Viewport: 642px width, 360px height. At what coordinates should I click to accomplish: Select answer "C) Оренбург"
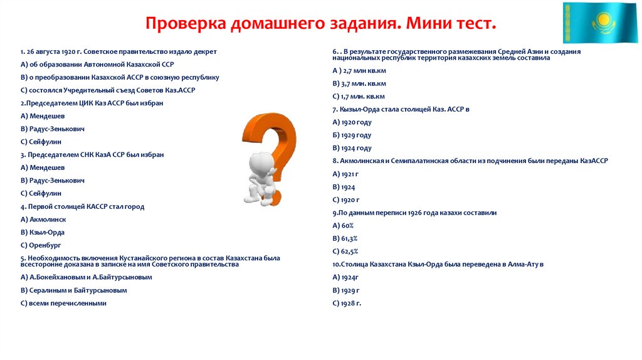41,245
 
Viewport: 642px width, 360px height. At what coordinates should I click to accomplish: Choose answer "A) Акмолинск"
43,220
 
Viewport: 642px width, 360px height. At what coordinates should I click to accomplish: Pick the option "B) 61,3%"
345,239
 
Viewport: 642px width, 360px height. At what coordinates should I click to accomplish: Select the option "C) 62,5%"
345,251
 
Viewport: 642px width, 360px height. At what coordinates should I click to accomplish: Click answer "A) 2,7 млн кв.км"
359,70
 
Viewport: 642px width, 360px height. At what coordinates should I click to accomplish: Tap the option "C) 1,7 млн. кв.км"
359,97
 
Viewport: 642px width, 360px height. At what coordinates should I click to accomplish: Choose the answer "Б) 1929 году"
352,135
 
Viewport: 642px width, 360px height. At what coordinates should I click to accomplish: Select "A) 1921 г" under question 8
345,174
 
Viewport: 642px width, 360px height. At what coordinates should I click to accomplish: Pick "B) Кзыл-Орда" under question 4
43,232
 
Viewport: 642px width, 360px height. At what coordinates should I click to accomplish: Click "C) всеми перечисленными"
63,303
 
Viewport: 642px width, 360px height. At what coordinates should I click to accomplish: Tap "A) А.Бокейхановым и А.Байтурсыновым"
87,277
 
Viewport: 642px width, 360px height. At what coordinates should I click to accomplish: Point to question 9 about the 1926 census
414,213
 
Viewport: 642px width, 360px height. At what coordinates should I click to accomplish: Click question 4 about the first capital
82,206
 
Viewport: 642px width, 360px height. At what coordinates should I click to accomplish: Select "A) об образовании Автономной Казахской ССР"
97,64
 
